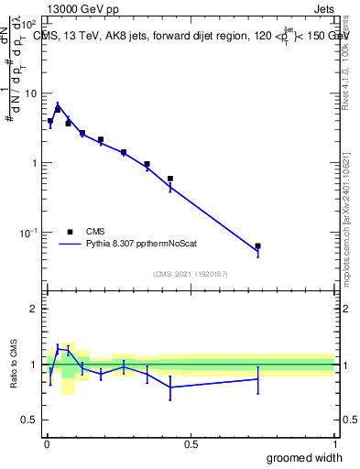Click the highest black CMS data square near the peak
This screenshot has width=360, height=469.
tap(58, 110)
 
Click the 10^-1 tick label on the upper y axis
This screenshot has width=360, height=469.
tap(27, 233)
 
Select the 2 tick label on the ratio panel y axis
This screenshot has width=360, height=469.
tap(33, 309)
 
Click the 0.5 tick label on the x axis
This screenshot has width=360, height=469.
tap(191, 444)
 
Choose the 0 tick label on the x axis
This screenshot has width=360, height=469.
tap(46, 444)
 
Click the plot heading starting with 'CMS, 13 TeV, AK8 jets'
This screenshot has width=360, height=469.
tap(190, 35)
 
